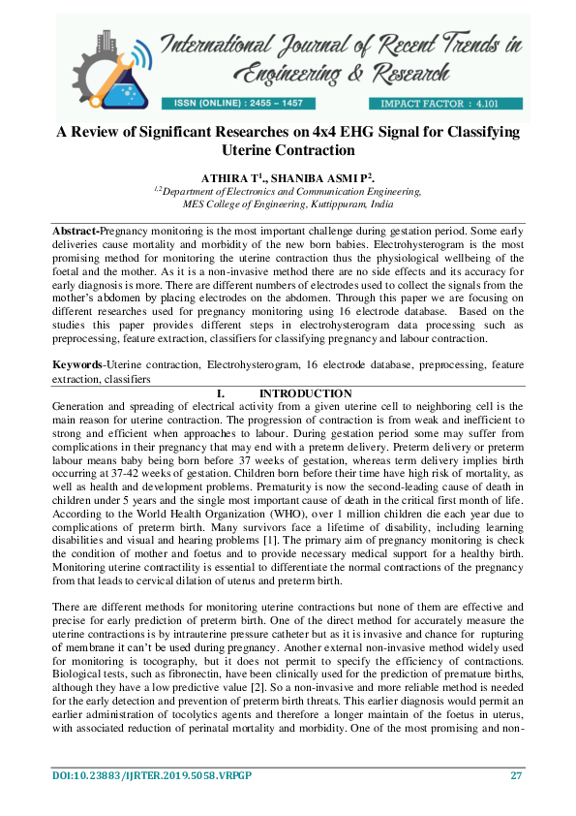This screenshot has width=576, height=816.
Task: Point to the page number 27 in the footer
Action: [x=517, y=775]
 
